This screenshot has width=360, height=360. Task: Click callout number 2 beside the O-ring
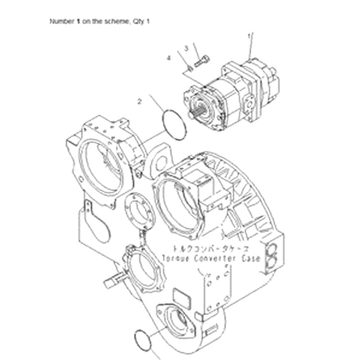click(x=139, y=102)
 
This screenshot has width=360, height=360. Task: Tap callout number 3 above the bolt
click(x=185, y=48)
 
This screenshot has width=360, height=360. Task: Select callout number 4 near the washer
click(x=169, y=58)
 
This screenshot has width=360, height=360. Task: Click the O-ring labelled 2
click(x=174, y=123)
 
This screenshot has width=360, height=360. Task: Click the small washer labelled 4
click(x=190, y=68)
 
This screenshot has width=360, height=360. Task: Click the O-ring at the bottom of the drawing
click(x=143, y=337)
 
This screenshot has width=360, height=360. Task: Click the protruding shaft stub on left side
click(x=111, y=282)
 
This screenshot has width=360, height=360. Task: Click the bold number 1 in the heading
click(x=78, y=21)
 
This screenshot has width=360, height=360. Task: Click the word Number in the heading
click(x=63, y=21)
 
